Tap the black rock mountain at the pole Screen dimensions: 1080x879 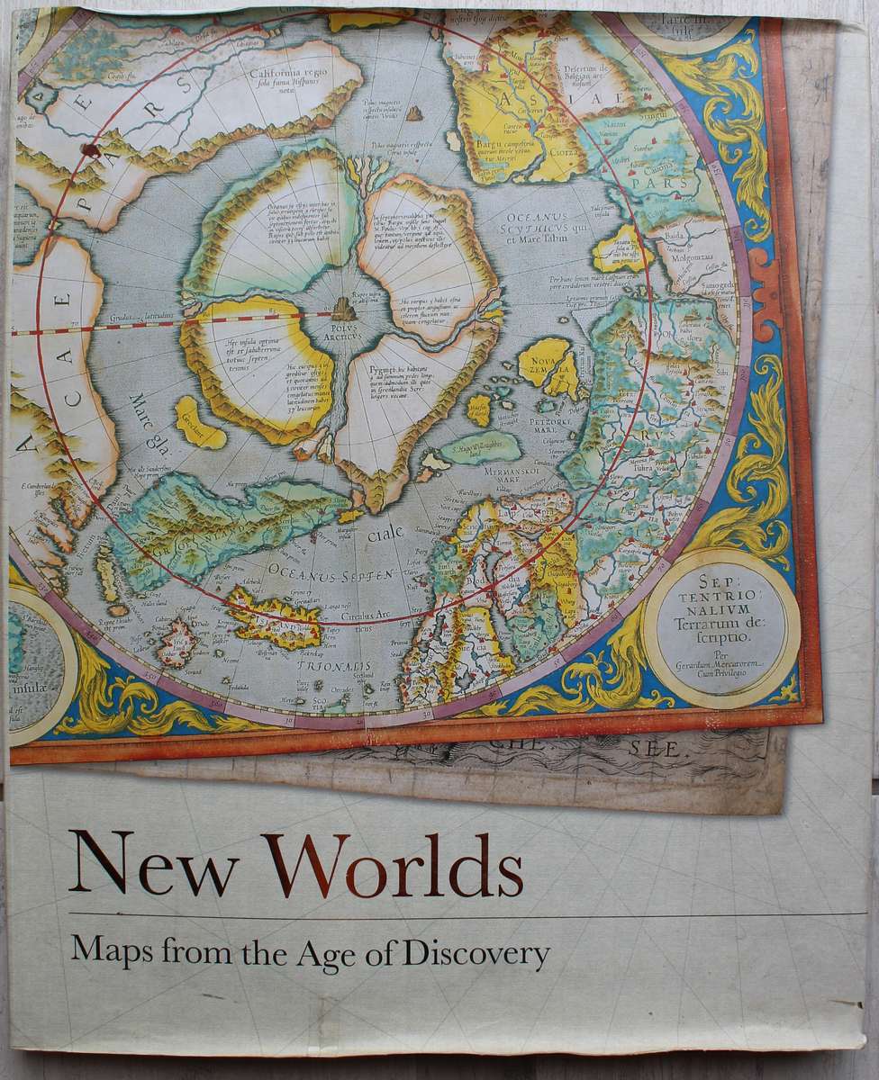(341, 309)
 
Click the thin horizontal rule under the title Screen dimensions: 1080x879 (450, 916)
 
